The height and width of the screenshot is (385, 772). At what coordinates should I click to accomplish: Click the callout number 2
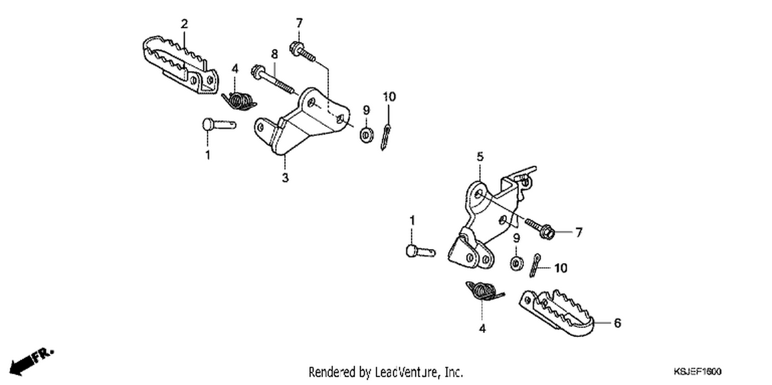point(184,24)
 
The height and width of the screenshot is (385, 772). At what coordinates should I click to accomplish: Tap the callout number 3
point(285,178)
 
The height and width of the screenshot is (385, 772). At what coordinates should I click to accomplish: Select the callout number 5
point(480,157)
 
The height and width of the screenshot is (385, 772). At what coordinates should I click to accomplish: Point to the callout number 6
point(617,323)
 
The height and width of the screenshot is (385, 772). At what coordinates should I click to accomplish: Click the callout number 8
point(274,54)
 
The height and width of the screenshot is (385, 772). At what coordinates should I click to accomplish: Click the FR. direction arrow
point(31,361)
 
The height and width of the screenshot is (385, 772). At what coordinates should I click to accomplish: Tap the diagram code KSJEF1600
point(697,372)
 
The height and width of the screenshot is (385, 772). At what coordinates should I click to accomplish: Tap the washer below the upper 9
point(366,134)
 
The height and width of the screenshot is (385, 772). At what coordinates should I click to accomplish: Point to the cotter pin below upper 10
point(385,137)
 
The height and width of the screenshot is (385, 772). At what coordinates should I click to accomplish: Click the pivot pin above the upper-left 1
point(219,124)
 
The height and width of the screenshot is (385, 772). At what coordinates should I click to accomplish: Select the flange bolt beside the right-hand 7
point(540,229)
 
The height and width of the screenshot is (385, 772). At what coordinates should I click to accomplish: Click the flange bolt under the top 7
point(303,52)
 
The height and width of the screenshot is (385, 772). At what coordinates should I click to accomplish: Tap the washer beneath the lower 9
point(516,264)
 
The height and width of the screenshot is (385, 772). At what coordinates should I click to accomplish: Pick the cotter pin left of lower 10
point(535,265)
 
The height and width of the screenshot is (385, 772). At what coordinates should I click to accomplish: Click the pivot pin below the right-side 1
point(420,251)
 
